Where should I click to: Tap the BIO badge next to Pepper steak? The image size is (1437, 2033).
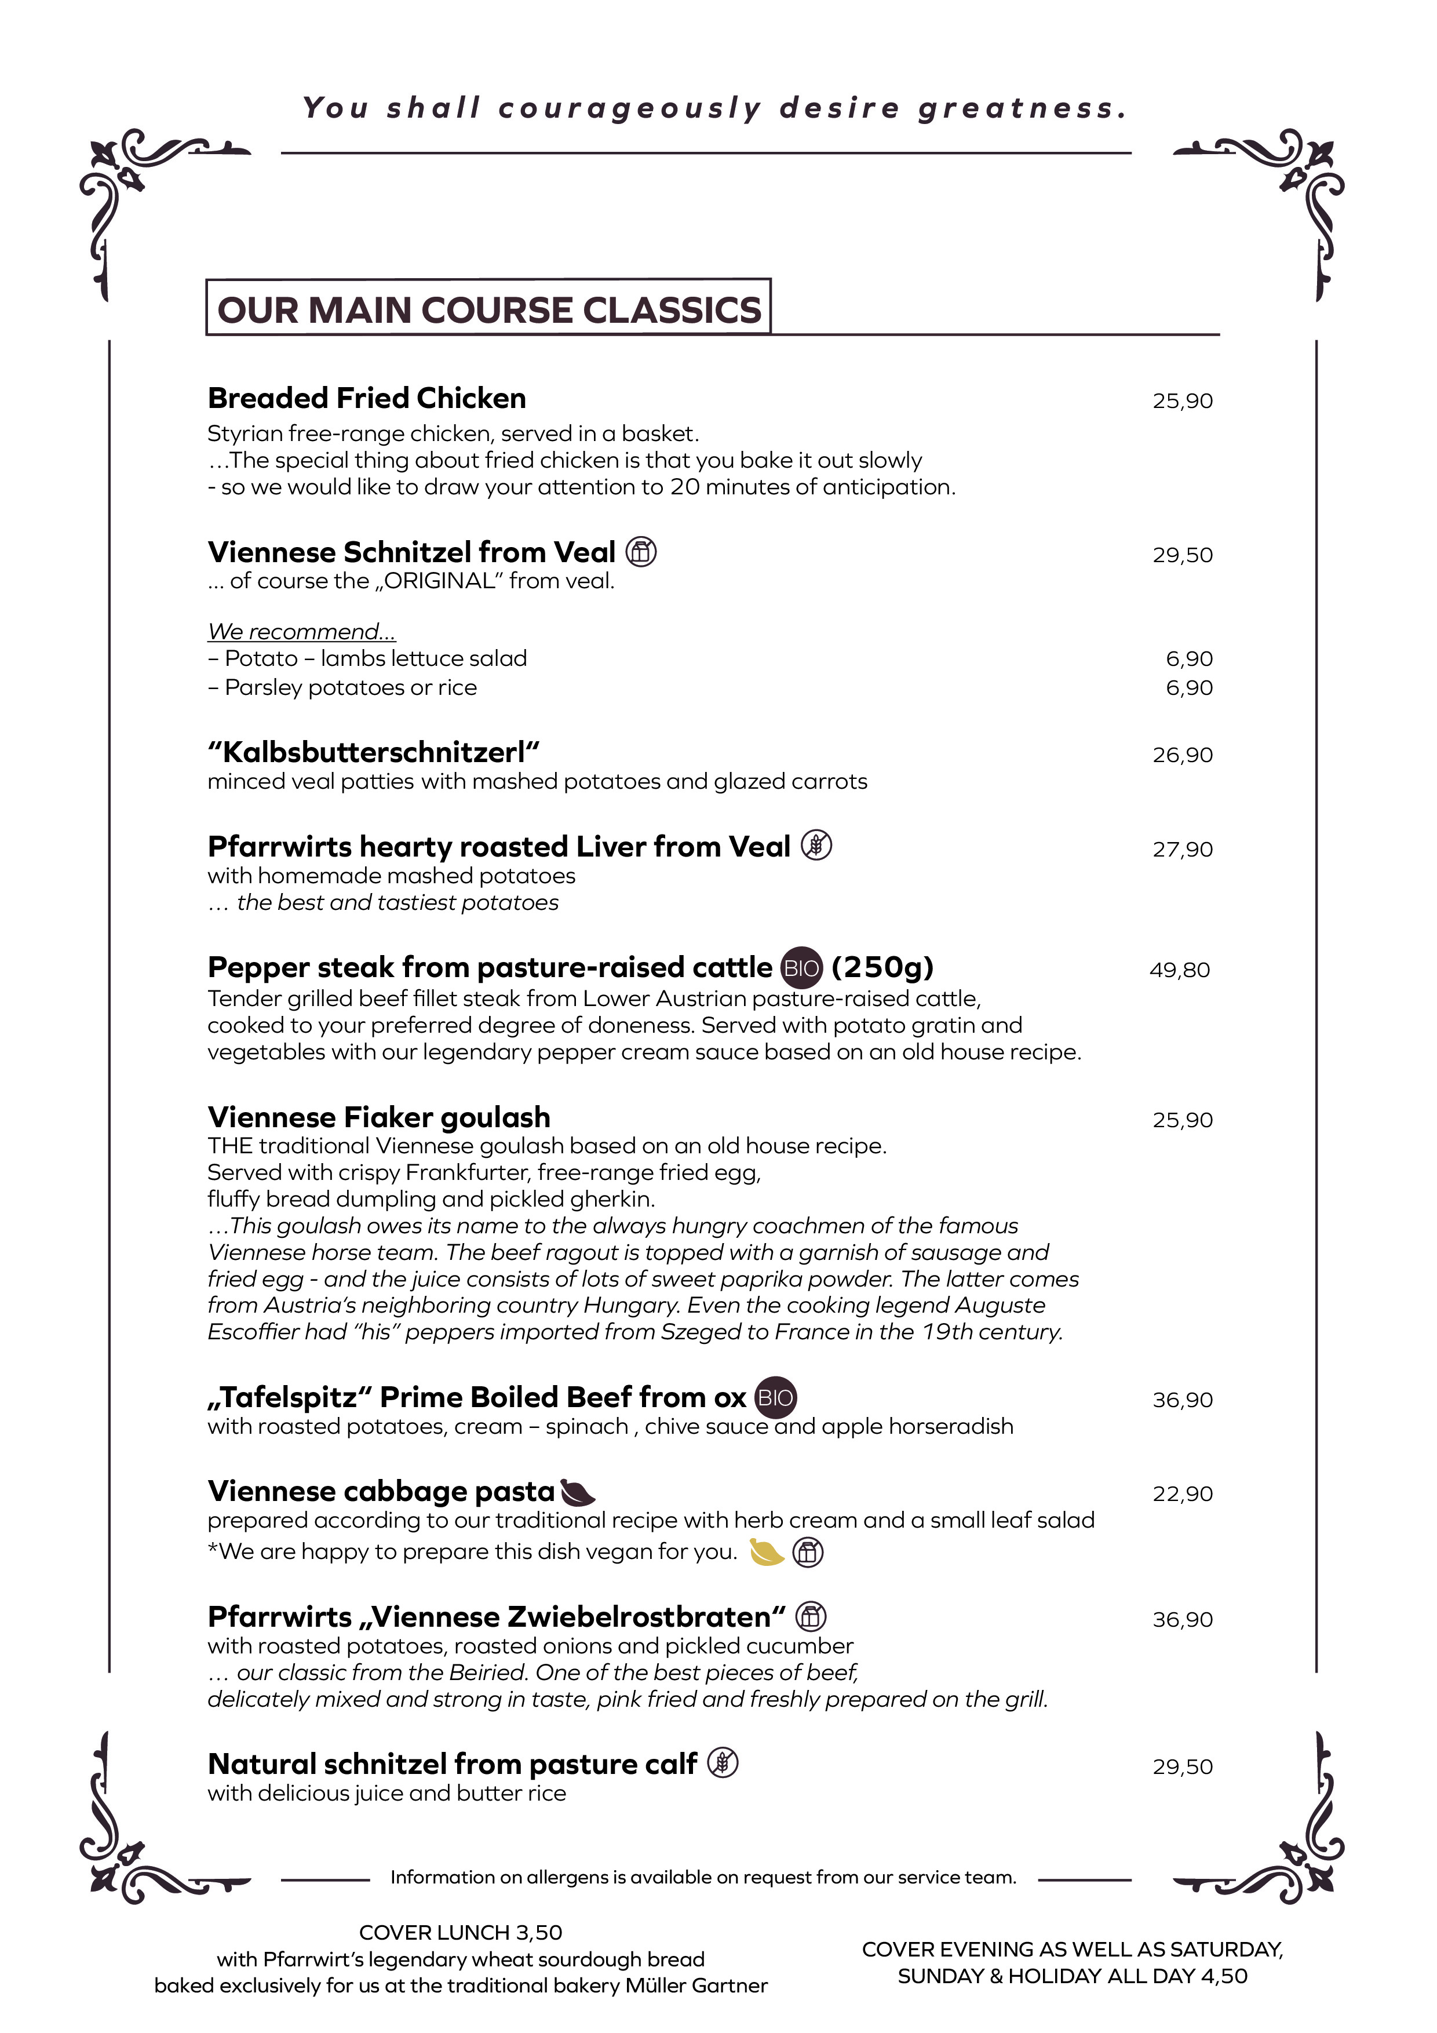coord(801,968)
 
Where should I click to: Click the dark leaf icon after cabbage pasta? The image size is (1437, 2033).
coord(578,1493)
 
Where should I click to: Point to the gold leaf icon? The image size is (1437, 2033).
coord(767,1552)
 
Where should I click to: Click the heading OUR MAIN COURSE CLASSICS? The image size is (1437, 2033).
coord(488,310)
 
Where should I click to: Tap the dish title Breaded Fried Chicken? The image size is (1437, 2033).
coord(367,399)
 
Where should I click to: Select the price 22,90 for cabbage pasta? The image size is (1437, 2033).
coord(1182,1494)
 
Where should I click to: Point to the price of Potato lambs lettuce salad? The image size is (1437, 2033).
coord(1189,659)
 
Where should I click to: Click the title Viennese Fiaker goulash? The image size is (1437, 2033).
coord(379,1117)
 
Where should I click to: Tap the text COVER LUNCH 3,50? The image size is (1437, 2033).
coord(461,1932)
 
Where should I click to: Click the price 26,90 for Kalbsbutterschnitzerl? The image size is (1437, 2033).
coord(1182,755)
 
